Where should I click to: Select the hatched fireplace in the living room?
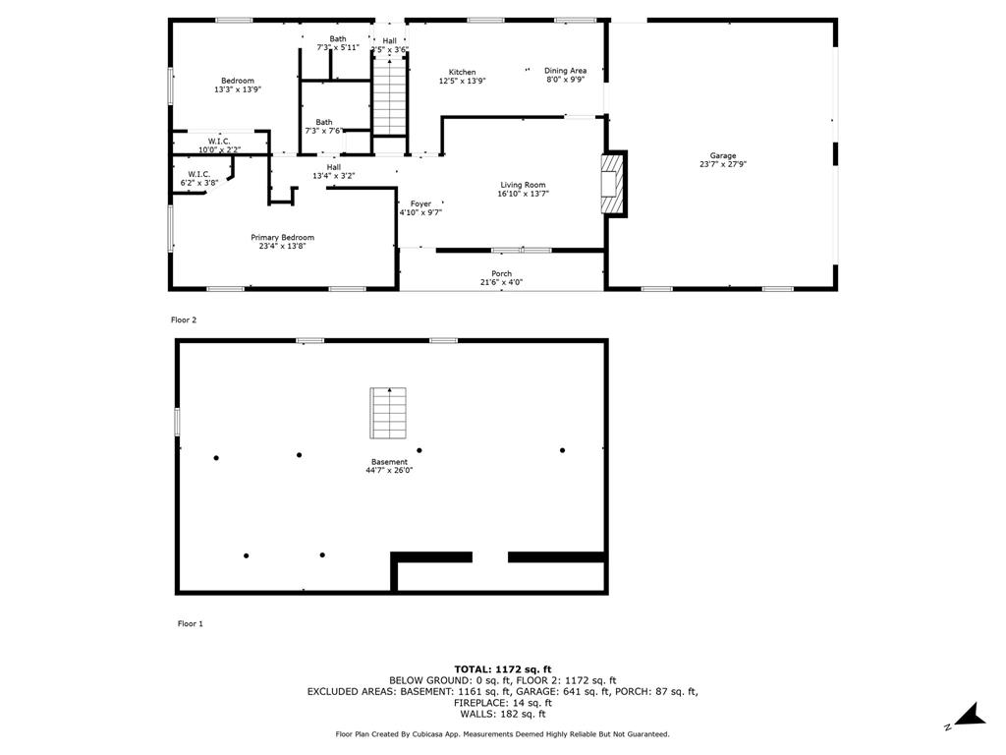click(x=613, y=184)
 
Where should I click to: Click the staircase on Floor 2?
click(x=390, y=96)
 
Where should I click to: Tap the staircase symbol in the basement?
click(x=388, y=413)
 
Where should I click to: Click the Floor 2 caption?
click(x=184, y=319)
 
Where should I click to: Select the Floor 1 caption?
click(x=191, y=623)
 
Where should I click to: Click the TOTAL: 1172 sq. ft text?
click(x=503, y=668)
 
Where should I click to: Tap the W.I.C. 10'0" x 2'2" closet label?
click(x=219, y=145)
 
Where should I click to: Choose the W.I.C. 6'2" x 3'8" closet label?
click(x=198, y=179)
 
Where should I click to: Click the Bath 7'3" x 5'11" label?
click(x=338, y=43)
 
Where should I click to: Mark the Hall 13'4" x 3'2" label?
click(x=334, y=171)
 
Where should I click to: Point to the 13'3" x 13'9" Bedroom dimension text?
click(x=238, y=89)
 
